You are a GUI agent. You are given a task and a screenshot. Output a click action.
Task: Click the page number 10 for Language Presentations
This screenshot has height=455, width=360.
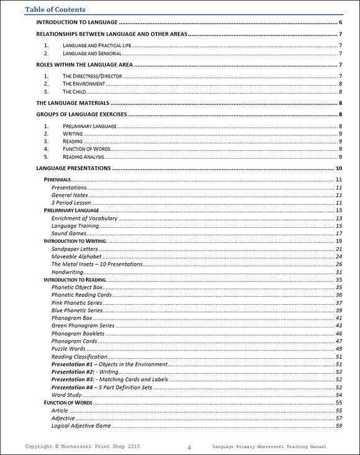point(339,168)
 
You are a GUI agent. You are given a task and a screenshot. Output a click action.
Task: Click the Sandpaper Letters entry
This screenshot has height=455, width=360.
point(79,248)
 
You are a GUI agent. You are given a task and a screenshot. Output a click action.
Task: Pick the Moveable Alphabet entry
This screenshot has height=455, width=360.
point(77,256)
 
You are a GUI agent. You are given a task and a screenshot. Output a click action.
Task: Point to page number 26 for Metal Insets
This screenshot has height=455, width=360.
point(339,264)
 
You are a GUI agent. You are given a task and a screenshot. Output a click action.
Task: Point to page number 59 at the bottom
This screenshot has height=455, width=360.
point(339,426)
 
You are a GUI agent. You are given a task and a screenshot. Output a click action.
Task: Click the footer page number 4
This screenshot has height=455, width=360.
point(189,447)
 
